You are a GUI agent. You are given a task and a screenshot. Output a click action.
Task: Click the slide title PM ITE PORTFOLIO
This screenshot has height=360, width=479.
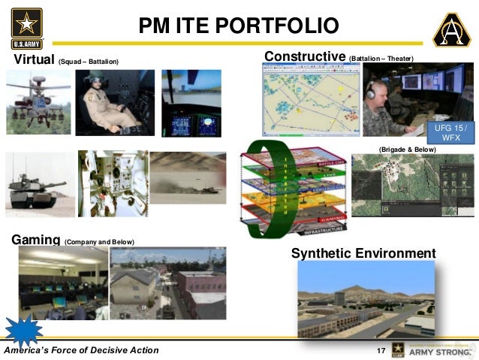coord(239,26)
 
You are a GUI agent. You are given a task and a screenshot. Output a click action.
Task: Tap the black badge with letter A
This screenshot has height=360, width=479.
coord(452,29)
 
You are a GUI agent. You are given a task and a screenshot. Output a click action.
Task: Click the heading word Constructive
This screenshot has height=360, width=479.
coord(304,57)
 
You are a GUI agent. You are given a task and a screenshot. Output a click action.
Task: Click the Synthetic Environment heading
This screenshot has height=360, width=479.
coord(363,253)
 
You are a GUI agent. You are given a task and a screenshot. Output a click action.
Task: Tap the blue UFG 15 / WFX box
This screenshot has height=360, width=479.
coord(450,133)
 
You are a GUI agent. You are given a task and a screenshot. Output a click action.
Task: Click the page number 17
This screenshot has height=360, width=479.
coord(379,351)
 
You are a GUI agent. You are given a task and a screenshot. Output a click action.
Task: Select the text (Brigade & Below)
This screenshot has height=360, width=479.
coord(407,150)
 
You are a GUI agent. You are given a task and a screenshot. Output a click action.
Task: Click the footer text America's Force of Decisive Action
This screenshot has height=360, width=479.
coord(81,351)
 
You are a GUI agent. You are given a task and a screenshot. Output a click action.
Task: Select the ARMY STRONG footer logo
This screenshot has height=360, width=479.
coord(436,349)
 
